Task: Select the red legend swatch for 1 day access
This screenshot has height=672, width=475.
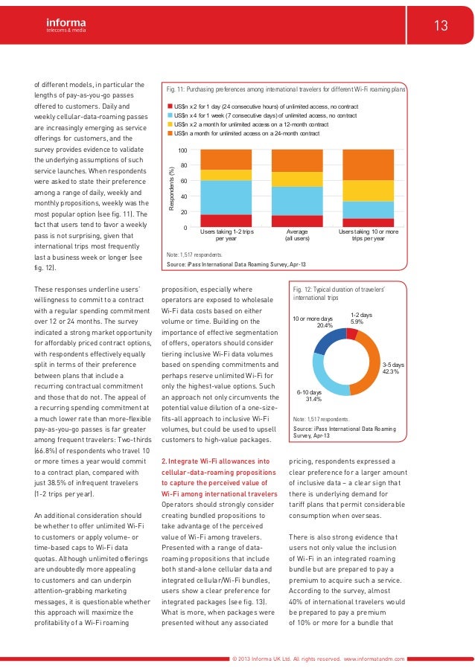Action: tap(170, 107)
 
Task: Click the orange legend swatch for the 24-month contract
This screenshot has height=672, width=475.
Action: tap(170, 133)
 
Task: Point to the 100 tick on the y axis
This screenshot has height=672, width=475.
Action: tap(182, 151)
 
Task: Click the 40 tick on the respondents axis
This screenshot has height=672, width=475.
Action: tap(184, 196)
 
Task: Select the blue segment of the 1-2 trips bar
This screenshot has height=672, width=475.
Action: tap(226, 197)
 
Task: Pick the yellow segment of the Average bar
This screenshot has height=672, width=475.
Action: tap(296, 179)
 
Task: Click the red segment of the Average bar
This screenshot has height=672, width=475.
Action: tap(296, 221)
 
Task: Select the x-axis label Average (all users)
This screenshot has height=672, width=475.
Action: tap(296, 236)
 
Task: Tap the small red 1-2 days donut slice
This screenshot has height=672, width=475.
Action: tap(352, 334)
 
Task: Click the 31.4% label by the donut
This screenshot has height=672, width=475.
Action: tap(309, 399)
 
